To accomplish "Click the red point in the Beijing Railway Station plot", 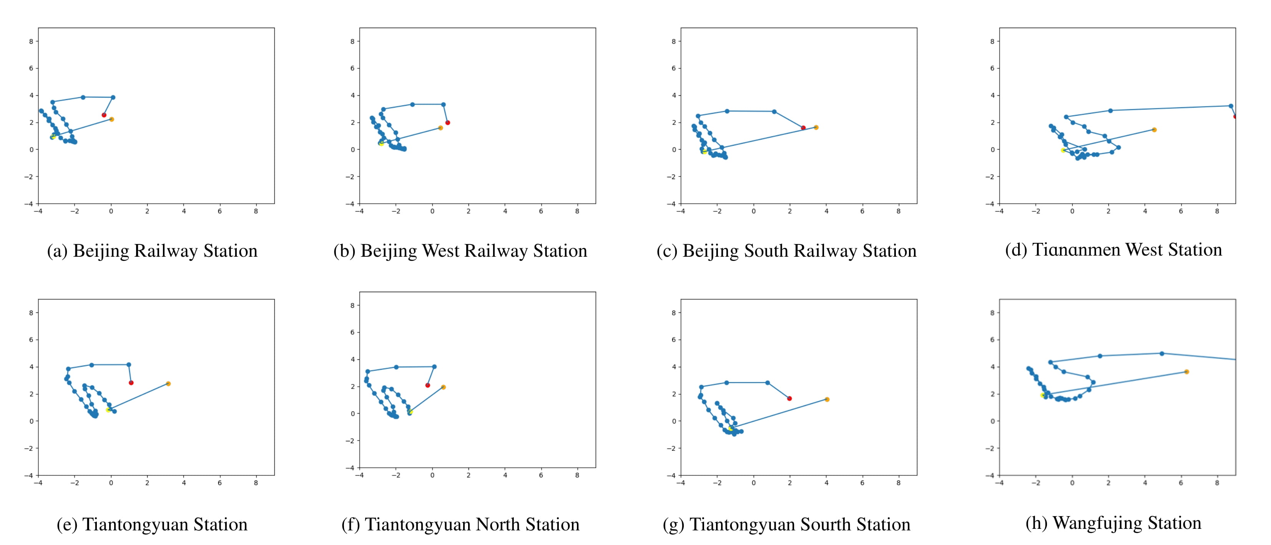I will pos(104,115).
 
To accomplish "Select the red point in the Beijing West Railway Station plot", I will pos(447,122).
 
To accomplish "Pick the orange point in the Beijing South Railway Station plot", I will pos(816,127).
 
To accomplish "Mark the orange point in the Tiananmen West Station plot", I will pos(1154,130).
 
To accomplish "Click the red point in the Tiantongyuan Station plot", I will pos(131,383).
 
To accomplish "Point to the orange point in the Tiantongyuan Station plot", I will pos(168,384).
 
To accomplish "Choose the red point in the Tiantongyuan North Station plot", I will pos(427,385).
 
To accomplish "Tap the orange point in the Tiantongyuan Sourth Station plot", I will pos(827,399).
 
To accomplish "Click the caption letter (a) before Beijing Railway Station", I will pos(57,251).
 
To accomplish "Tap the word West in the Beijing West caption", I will pos(441,251).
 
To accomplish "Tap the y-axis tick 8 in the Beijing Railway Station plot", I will pos(31,42).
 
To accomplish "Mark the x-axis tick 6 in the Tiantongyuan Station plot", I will pos(219,483).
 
